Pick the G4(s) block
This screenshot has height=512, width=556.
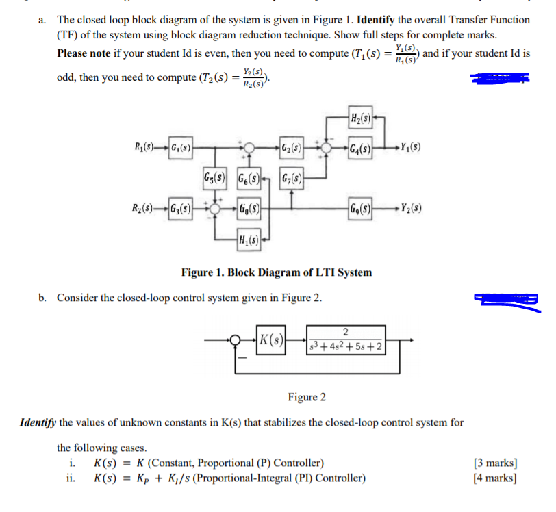361,146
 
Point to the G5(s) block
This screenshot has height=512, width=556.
217,178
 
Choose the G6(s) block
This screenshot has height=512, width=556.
250,178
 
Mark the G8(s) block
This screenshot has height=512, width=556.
247,207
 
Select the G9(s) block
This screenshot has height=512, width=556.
361,207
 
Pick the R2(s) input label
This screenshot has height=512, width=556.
145,207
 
